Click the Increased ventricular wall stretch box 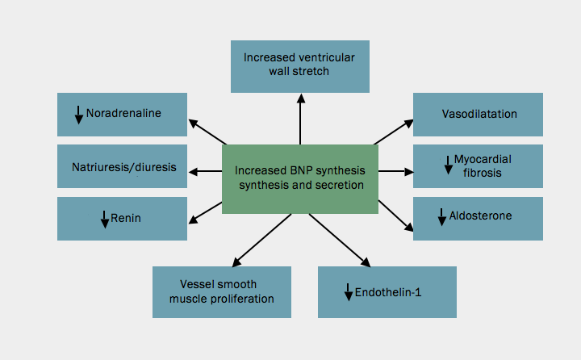click(x=299, y=66)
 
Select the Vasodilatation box click(x=478, y=114)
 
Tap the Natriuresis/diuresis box click(x=122, y=166)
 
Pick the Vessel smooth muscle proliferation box click(x=221, y=291)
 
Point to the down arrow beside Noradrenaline click(x=79, y=115)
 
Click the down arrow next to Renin click(x=105, y=219)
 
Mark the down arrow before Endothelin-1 click(x=348, y=292)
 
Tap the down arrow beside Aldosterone click(x=441, y=217)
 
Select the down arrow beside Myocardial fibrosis click(x=448, y=165)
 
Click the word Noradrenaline click(x=123, y=114)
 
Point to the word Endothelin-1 click(x=388, y=292)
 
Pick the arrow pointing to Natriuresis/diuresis click(x=205, y=171)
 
